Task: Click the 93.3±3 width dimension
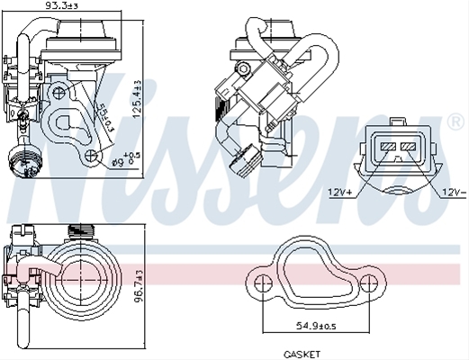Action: pyautogui.click(x=61, y=5)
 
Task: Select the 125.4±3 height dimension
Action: pyautogui.click(x=139, y=99)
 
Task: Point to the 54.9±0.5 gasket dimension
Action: pyautogui.click(x=316, y=326)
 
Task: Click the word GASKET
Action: pyautogui.click(x=302, y=355)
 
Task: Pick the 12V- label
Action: pyautogui.click(x=454, y=192)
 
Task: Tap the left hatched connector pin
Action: pyautogui.click(x=388, y=147)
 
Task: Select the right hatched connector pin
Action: pyautogui.click(x=408, y=147)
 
